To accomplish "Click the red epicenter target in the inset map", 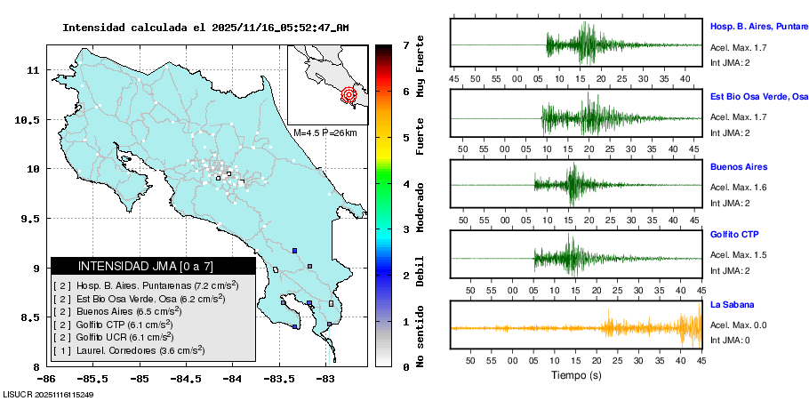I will (348, 93).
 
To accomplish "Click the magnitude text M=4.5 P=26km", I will (324, 132).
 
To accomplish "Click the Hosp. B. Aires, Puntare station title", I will (758, 28).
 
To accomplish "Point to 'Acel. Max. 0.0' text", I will (738, 325).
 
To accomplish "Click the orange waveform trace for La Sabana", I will (622, 328).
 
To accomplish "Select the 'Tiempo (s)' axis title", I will (575, 375).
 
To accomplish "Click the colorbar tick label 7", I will (405, 44).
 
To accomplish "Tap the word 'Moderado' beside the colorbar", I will (420, 206).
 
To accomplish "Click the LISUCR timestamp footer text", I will (49, 394).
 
